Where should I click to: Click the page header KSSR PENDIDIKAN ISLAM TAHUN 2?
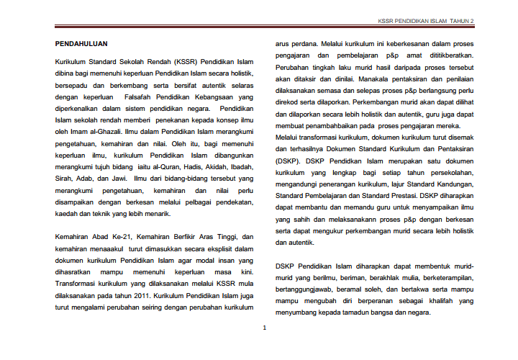[426, 22]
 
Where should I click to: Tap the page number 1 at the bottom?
[264, 328]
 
